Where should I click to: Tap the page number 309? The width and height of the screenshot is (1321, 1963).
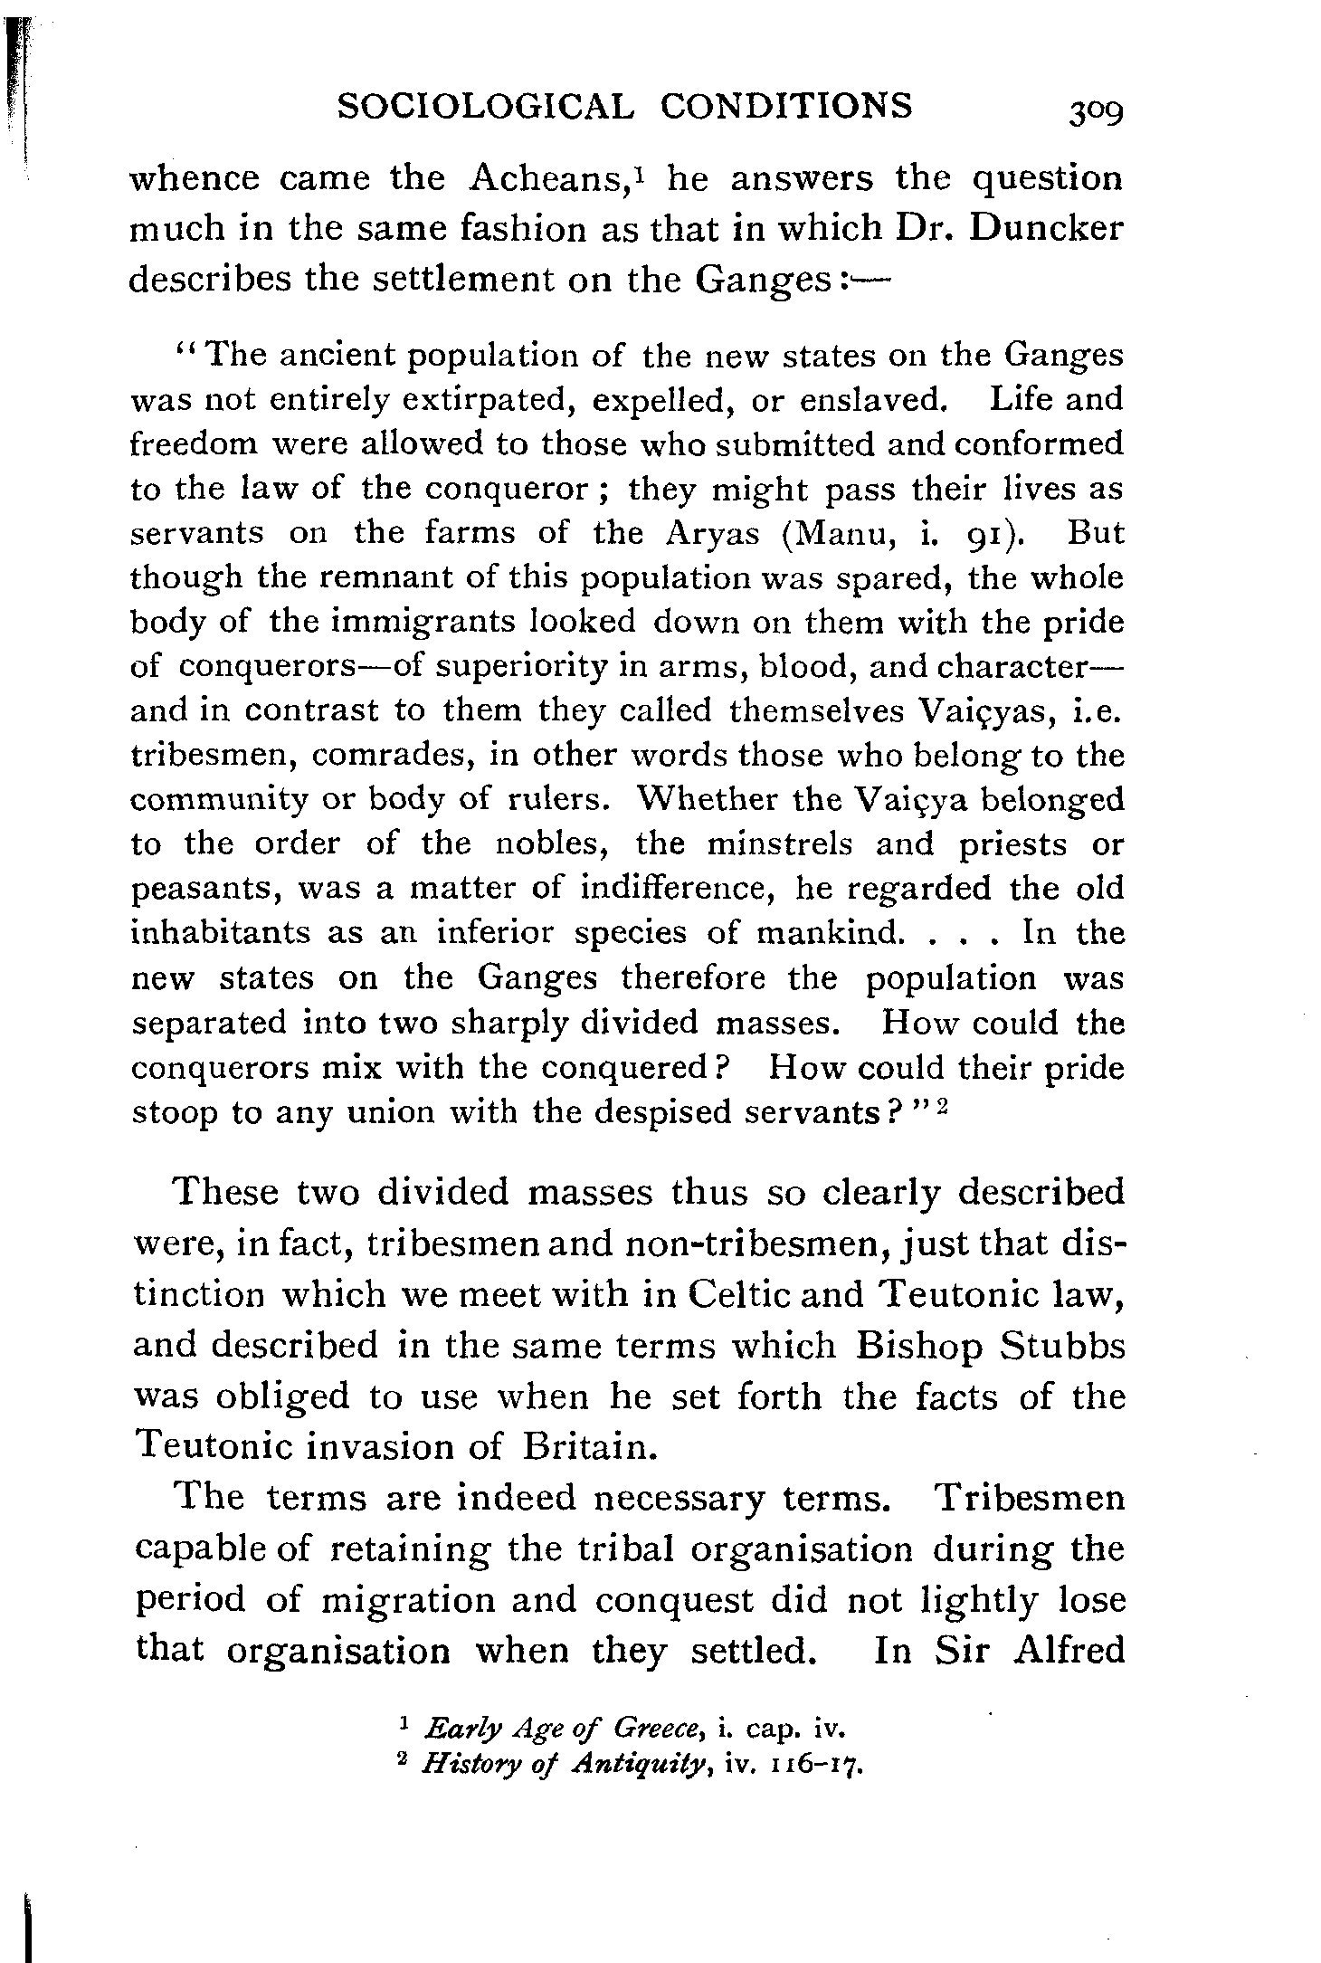tap(1095, 112)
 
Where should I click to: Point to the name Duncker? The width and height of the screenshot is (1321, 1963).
tap(1045, 228)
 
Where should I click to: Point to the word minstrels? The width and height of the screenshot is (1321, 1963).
tap(780, 844)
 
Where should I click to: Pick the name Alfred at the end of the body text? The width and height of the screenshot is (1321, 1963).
tap(1069, 1649)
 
